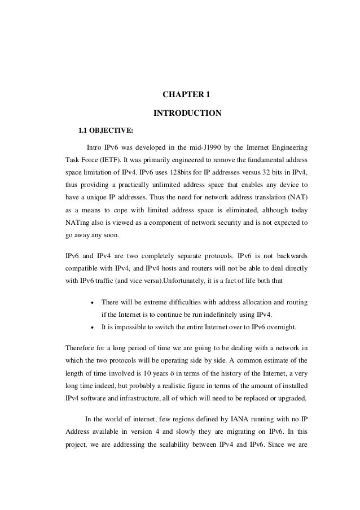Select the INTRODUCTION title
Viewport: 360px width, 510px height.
pyautogui.click(x=187, y=114)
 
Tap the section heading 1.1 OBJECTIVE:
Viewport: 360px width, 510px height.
pyautogui.click(x=106, y=132)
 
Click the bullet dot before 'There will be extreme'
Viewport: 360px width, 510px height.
pyautogui.click(x=91, y=303)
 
